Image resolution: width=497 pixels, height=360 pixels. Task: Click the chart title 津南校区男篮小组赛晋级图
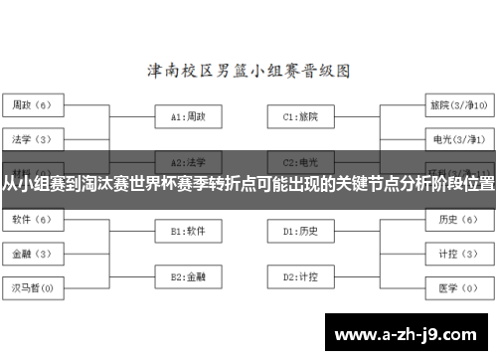pyautogui.click(x=248, y=71)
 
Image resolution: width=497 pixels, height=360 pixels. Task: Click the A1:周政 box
pyautogui.click(x=189, y=116)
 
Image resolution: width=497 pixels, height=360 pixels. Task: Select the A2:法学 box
pyautogui.click(x=189, y=160)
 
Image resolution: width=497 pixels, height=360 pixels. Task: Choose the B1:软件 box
pyautogui.click(x=189, y=231)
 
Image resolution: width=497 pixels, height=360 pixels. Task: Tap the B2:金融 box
pyautogui.click(x=189, y=275)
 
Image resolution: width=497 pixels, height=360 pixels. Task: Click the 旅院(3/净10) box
pyautogui.click(x=458, y=104)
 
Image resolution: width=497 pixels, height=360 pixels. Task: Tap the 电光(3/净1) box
pyautogui.click(x=458, y=139)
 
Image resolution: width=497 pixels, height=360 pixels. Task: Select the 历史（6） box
pyautogui.click(x=458, y=219)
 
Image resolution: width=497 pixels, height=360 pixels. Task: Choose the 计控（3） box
pyautogui.click(x=458, y=254)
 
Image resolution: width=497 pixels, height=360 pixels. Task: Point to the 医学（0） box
pyautogui.click(x=458, y=289)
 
